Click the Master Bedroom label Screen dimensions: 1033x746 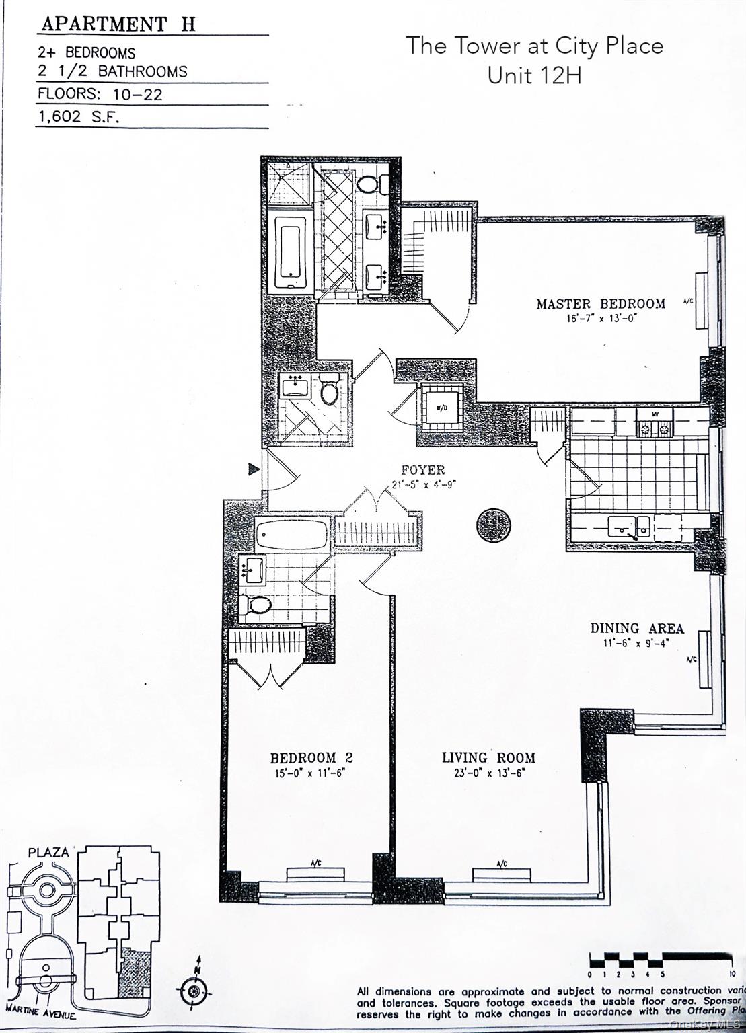[600, 304]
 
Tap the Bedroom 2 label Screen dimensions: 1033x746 [311, 758]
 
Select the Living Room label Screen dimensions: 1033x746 [488, 758]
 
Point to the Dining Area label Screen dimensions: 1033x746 [636, 628]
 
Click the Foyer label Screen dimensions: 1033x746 [422, 470]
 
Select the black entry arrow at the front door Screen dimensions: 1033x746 [253, 469]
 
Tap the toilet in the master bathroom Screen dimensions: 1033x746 [368, 183]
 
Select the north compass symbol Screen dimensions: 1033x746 [194, 989]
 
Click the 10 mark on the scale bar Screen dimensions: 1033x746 [731, 973]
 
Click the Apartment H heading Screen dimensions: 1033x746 [118, 24]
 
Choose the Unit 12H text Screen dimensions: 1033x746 [534, 75]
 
